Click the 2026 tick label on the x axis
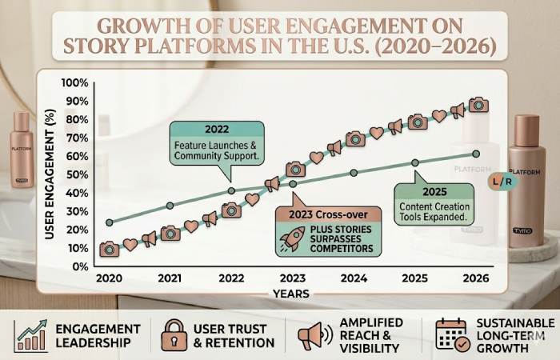point(477,280)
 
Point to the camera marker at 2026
point(478,104)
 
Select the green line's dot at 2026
point(477,154)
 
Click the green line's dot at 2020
point(110,222)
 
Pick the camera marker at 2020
point(110,249)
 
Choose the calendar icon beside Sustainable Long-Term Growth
point(450,336)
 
